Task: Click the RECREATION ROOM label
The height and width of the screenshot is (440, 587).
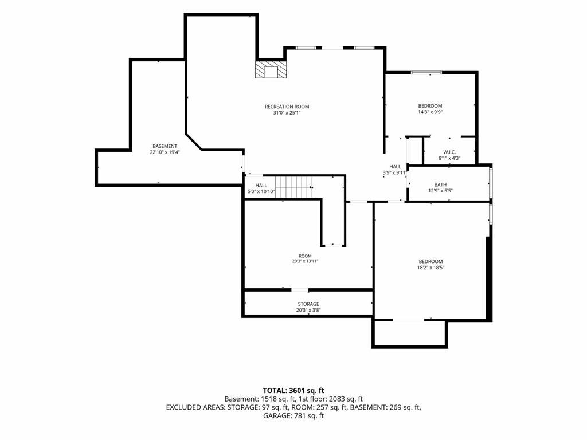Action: [x=287, y=107]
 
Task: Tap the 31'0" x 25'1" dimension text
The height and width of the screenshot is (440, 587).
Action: [x=287, y=113]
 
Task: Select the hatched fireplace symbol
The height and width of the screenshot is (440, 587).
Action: [x=271, y=69]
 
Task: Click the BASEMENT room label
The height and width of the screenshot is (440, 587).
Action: [x=165, y=146]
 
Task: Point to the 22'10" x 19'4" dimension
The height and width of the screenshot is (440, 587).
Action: [x=165, y=152]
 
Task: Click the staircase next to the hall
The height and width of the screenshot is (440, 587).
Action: [x=294, y=187]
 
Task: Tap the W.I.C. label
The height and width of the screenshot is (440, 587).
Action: [x=449, y=152]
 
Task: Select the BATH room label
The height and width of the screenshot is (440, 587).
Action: [x=440, y=184]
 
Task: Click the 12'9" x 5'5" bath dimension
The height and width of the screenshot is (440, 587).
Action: [x=440, y=191]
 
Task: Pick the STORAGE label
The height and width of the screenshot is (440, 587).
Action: [x=308, y=304]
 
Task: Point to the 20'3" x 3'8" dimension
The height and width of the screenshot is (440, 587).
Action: [x=308, y=310]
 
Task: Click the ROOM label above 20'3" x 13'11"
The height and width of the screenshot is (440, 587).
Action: [x=305, y=256]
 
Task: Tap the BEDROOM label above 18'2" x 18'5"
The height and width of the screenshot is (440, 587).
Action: [x=431, y=261]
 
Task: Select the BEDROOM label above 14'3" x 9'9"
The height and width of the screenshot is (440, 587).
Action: [x=430, y=106]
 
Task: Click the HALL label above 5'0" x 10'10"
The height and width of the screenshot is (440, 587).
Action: [x=261, y=185]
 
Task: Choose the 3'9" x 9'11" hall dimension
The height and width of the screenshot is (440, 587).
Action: [x=394, y=173]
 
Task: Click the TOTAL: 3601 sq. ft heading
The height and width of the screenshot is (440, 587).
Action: [x=293, y=391]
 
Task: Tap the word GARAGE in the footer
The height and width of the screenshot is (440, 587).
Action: [x=277, y=416]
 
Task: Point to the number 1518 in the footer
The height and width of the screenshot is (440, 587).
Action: [x=269, y=399]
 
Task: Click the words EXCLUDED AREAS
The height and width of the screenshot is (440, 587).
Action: [x=195, y=407]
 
